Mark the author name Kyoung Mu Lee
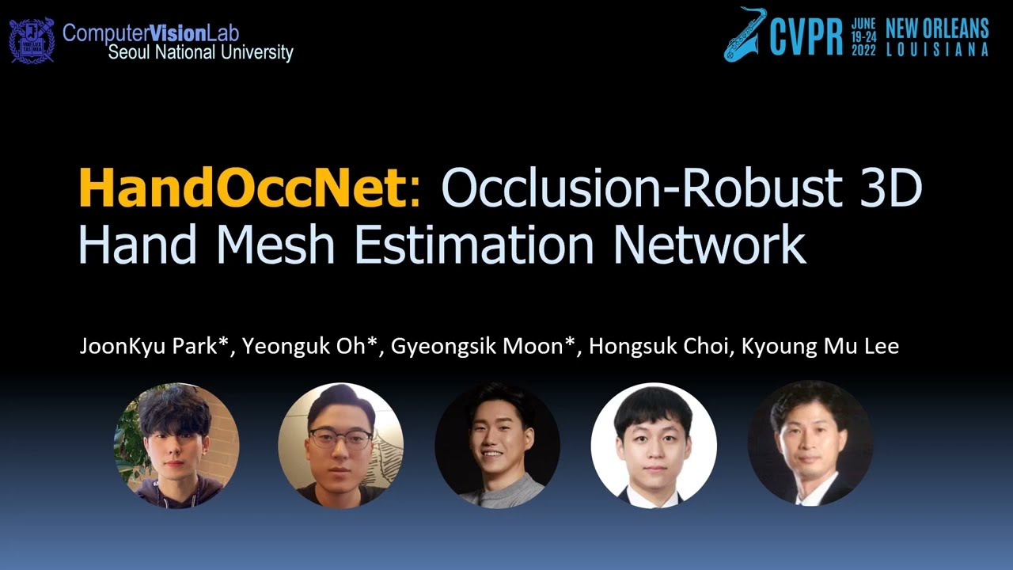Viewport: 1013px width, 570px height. [x=820, y=347]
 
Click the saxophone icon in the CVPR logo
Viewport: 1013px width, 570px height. [x=744, y=33]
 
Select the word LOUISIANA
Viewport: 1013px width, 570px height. [x=937, y=50]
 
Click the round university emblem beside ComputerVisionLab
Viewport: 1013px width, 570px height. [x=32, y=41]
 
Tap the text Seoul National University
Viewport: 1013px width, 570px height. [x=200, y=53]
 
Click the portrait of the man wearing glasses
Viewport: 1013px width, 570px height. [x=340, y=445]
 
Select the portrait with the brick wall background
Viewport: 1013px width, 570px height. [x=176, y=445]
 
